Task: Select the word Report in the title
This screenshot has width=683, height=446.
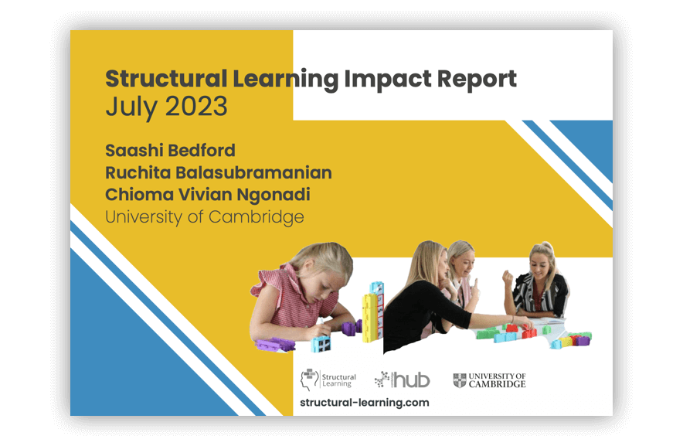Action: point(477,79)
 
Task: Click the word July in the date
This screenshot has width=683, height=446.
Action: point(126,107)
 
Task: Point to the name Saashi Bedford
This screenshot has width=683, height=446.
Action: point(170,150)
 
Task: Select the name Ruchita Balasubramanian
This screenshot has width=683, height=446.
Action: point(219,172)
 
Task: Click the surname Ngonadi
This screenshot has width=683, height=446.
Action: point(275,195)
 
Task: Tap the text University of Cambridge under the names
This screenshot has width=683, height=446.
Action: point(205,217)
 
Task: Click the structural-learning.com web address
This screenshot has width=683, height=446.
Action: point(364,403)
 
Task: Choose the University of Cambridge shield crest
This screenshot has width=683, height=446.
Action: point(460,380)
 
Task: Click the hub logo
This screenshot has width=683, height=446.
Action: point(403,380)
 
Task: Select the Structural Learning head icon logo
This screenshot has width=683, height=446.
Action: point(309,380)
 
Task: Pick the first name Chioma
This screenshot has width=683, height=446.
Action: point(138,195)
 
